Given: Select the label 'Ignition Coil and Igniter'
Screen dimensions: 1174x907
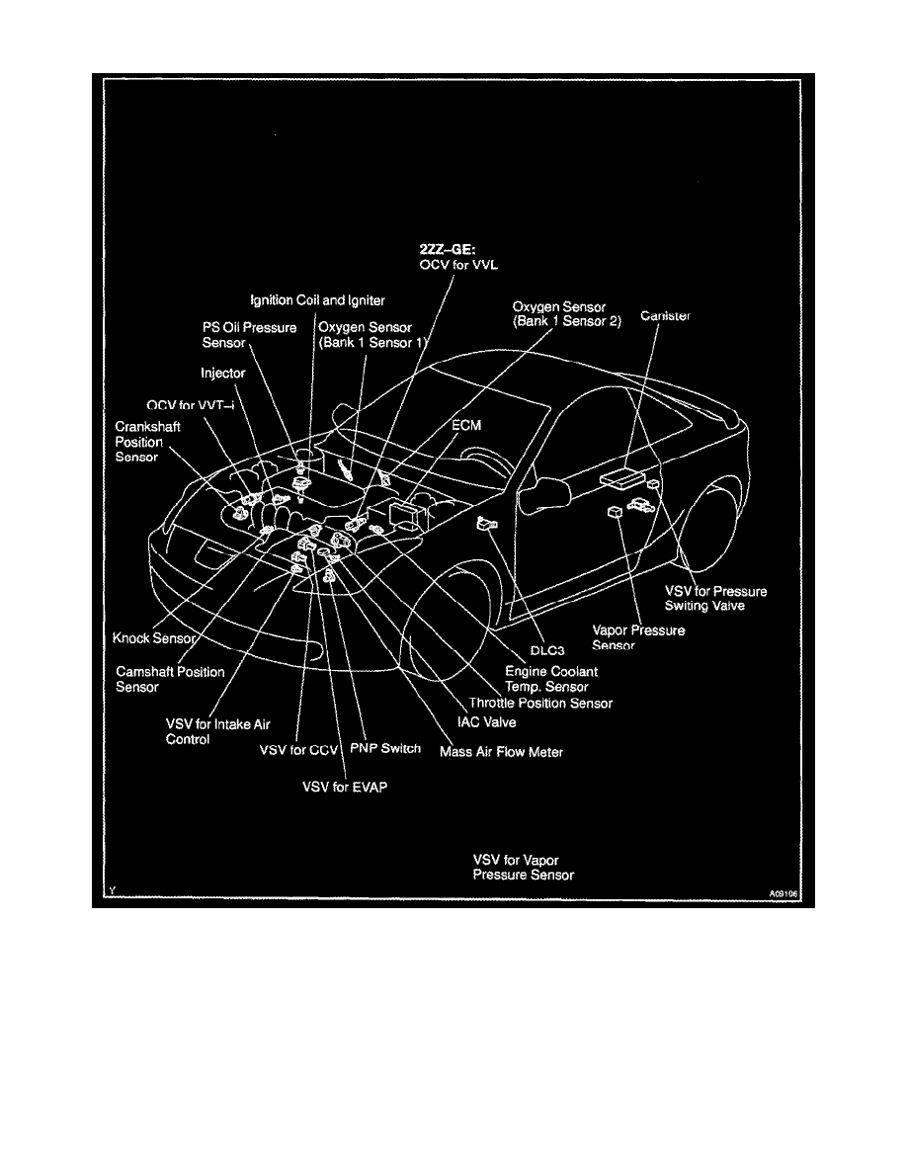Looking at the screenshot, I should (x=303, y=299).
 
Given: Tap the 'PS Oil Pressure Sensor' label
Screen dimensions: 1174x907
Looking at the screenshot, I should (x=243, y=334).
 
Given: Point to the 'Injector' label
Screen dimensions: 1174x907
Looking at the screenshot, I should (x=222, y=374).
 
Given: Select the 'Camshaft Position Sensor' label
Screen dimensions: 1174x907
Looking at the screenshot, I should (x=170, y=679).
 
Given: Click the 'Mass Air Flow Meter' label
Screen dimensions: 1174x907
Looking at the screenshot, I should (x=502, y=751).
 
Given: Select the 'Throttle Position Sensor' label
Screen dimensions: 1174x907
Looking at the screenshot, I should (x=540, y=703).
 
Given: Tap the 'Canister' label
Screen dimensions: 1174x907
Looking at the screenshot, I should (x=665, y=316).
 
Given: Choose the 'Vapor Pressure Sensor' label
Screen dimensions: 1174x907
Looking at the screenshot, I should (x=637, y=637).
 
